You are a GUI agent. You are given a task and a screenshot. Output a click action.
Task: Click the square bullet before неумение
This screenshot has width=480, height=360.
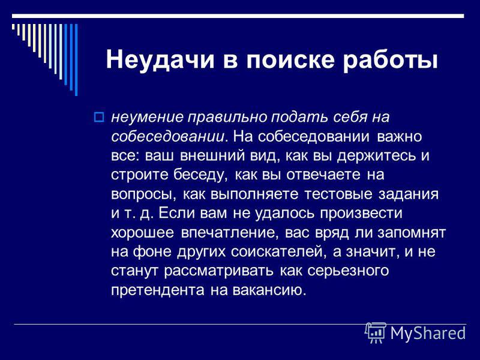pyautogui.click(x=98, y=117)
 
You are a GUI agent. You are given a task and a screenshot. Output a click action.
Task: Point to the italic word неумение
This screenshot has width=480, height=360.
pyautogui.click(x=147, y=118)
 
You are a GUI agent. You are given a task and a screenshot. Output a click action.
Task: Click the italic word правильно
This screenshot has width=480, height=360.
pyautogui.click(x=227, y=118)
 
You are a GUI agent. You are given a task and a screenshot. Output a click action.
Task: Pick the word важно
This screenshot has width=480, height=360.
pyautogui.click(x=399, y=137)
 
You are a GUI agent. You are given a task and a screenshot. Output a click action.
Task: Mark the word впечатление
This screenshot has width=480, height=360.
pyautogui.click(x=229, y=233)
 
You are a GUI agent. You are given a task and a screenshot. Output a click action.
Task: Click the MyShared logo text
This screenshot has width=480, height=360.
pyautogui.click(x=428, y=332)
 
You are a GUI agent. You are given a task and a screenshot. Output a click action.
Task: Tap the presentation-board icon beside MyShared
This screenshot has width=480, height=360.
pyautogui.click(x=376, y=332)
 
